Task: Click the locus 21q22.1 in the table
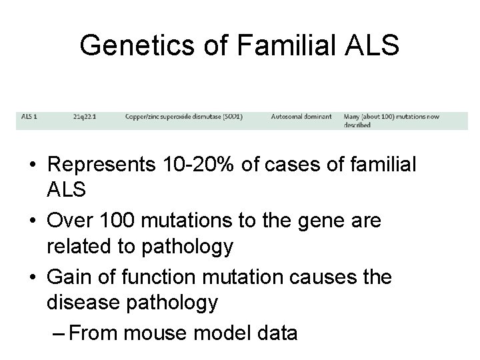click(x=85, y=116)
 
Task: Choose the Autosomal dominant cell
click(x=301, y=116)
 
